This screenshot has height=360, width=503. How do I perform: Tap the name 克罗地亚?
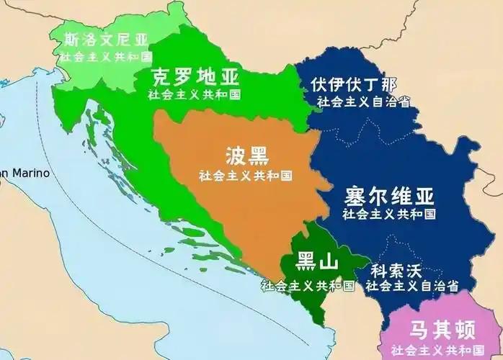[195, 76]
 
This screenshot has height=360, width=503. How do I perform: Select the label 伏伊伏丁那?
[355, 84]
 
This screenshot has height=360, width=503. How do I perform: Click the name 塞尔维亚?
[390, 196]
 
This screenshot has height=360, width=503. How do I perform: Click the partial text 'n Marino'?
[25, 173]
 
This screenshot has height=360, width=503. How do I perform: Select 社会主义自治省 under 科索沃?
[413, 287]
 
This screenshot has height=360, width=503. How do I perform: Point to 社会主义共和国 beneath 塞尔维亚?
[390, 214]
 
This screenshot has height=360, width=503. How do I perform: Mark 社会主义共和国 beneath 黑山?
[308, 285]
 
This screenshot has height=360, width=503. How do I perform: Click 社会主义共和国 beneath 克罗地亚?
[195, 94]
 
